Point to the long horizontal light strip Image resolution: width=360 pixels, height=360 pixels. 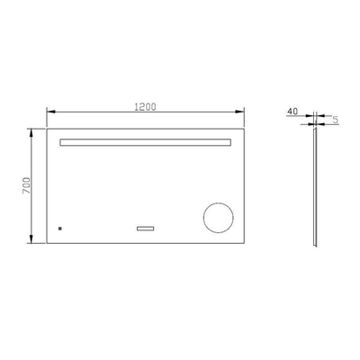coord(145,142)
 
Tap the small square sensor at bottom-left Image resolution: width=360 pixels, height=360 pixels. coord(59,229)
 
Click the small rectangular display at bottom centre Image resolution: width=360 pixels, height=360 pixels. coord(145,229)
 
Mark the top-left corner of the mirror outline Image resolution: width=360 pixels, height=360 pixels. coord(46,128)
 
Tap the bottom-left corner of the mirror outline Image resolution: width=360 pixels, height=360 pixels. coord(46,244)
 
